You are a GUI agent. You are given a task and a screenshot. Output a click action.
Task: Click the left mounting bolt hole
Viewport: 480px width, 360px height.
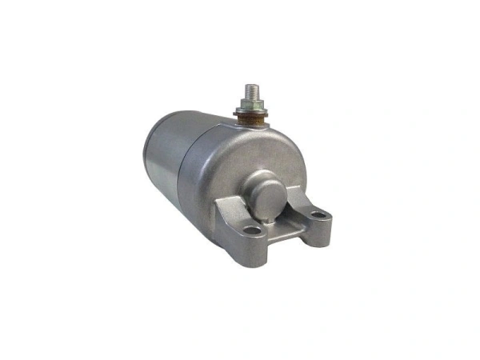click(x=254, y=230)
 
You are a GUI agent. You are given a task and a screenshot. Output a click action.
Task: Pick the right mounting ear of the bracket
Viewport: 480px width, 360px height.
click(x=319, y=216)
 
